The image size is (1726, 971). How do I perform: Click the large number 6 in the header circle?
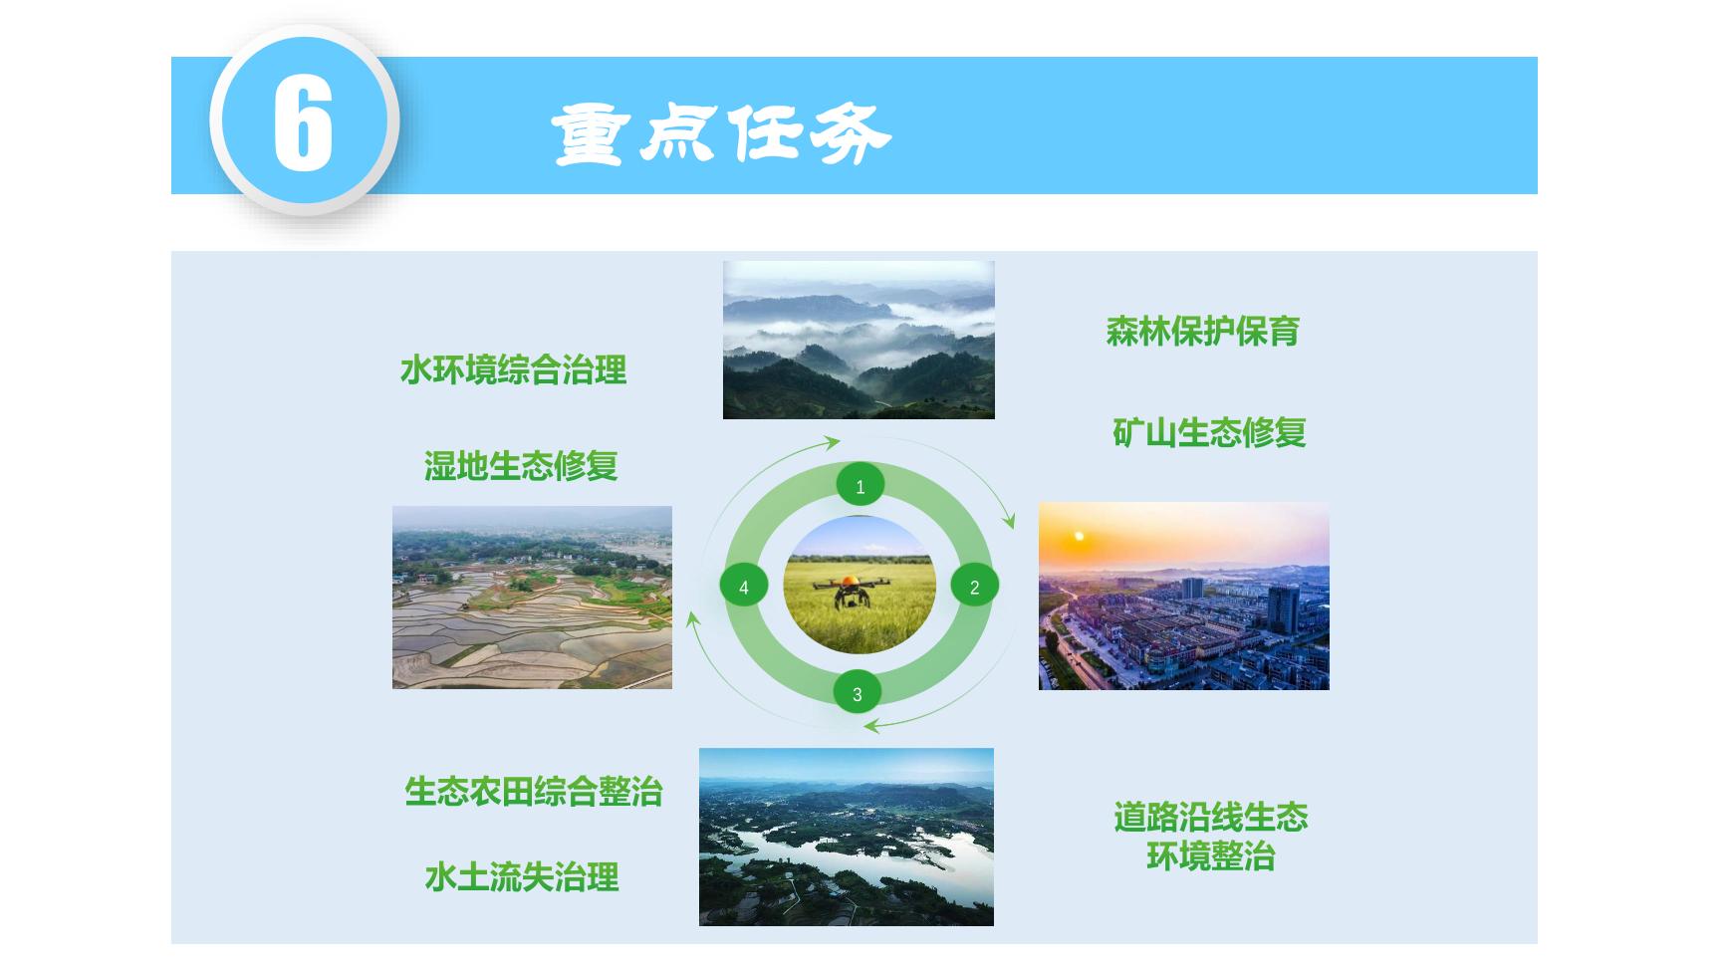point(303,122)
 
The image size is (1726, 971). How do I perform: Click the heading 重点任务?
point(721,133)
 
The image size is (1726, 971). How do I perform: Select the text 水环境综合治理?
point(514,370)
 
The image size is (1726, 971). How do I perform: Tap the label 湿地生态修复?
point(521,466)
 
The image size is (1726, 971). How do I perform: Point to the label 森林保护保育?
point(1202,332)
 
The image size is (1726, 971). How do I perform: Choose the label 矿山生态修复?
point(1209,433)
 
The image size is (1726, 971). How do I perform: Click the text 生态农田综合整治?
point(534,792)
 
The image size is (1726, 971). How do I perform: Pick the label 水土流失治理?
point(522,877)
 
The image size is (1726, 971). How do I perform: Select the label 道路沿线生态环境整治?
point(1210,837)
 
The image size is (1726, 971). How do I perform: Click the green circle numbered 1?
point(861,486)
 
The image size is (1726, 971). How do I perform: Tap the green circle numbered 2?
point(975,587)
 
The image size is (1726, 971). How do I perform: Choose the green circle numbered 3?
point(858,694)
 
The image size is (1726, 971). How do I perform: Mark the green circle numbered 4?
point(744,587)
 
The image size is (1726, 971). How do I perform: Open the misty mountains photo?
point(859,340)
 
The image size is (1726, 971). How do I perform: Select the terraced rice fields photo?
point(532,598)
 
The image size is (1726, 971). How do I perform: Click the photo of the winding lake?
point(847,837)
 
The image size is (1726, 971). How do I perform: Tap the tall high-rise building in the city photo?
point(1283,609)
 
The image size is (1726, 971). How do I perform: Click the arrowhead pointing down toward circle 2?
point(1010,521)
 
